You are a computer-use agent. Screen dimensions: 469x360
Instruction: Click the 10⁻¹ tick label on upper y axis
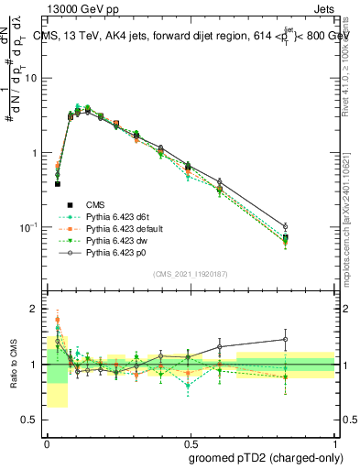(x=30, y=226)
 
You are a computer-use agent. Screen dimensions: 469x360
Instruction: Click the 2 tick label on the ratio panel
(x=36, y=309)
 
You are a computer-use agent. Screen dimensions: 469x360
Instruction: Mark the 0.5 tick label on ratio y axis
(x=32, y=420)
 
